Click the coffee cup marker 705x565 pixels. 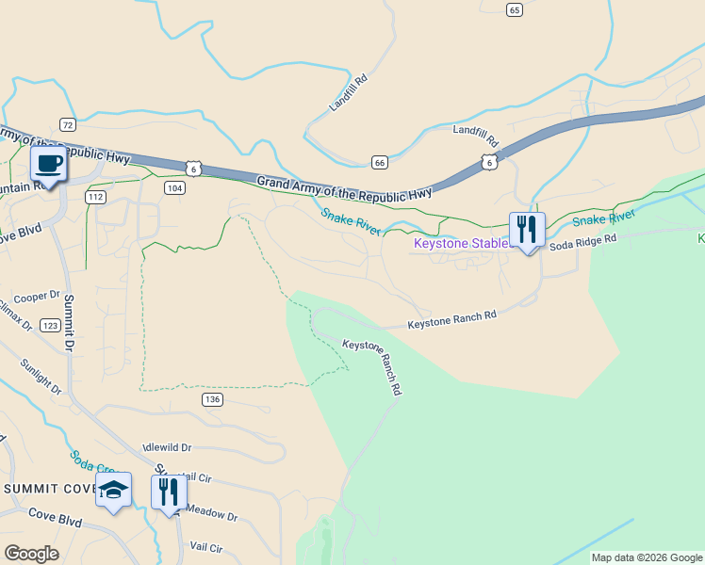coord(48,165)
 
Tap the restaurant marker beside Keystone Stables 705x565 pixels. coord(526,230)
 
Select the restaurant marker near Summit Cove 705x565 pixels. coord(169,492)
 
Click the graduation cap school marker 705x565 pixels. coord(113,491)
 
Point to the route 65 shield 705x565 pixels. coord(514,9)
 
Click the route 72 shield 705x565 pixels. coord(67,124)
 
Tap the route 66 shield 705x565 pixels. coord(380,162)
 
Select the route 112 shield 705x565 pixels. coord(94,197)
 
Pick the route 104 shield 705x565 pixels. coord(173,188)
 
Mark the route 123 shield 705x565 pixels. coord(50,325)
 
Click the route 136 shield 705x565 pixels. coord(212,399)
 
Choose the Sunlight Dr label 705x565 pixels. coord(41,376)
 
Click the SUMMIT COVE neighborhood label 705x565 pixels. coord(47,489)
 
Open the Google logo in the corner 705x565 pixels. coord(31,553)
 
